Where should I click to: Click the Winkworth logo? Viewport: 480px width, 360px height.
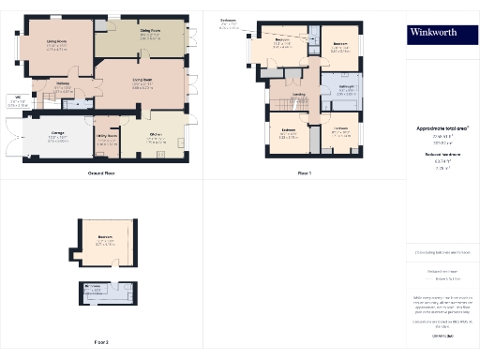pos(440,34)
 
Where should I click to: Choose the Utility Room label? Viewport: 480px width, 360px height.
pos(106,136)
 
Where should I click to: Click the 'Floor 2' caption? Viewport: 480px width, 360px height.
pos(101,342)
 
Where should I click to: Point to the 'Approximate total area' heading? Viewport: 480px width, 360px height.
pos(442,127)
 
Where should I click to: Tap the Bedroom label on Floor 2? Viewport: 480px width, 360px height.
pos(104,237)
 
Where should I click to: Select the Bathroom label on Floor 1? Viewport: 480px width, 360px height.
pos(345,87)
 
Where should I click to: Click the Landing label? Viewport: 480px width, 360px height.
pos(299,95)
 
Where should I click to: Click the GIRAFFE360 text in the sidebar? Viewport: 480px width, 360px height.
pos(442,335)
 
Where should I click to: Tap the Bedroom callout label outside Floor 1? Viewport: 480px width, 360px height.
pos(228,20)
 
